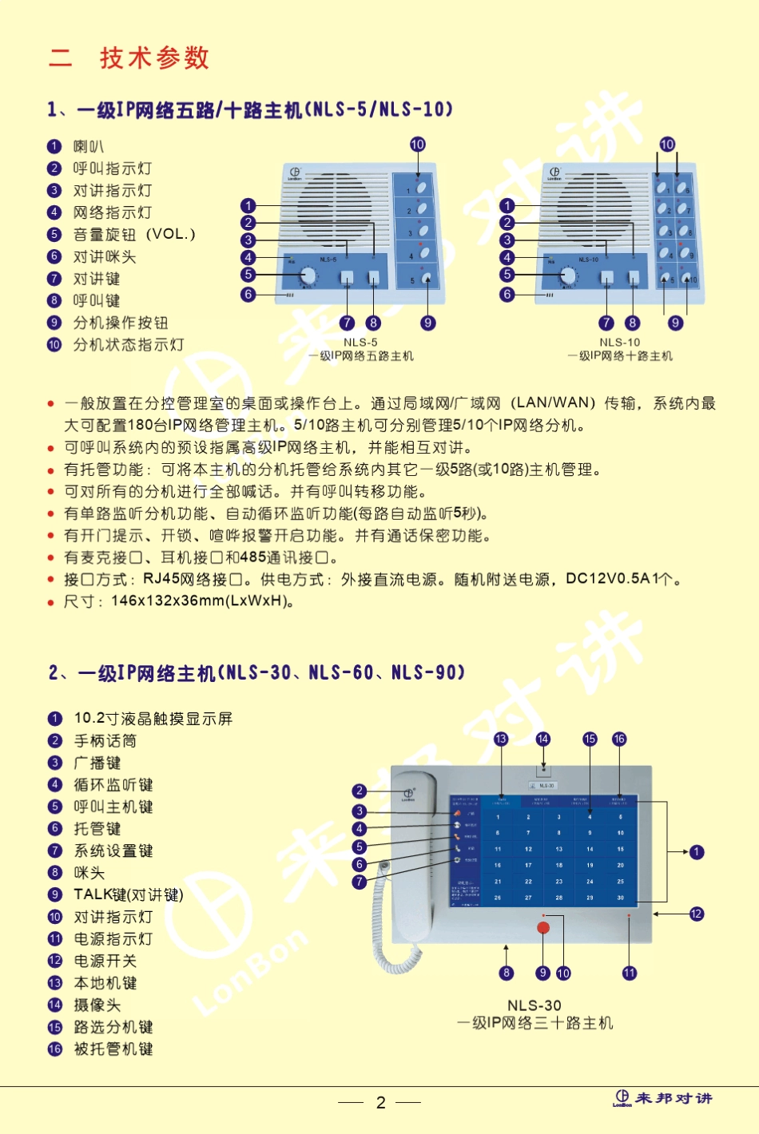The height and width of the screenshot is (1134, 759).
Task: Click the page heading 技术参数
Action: point(153,57)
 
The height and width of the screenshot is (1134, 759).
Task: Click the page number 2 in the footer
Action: point(381,1103)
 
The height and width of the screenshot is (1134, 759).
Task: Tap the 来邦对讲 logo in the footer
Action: point(663,1099)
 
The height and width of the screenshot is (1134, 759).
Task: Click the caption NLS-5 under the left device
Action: point(360,342)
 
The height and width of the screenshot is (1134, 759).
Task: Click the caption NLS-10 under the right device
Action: point(620,342)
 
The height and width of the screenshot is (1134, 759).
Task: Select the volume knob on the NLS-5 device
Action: point(308,276)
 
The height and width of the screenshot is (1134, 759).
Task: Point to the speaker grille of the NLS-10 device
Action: point(593,209)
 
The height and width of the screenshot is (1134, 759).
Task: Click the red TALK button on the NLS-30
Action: point(543,927)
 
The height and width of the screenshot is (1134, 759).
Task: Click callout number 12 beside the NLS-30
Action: point(697,914)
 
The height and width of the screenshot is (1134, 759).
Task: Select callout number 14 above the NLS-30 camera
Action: point(543,739)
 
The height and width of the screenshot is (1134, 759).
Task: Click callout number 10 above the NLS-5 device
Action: point(418,145)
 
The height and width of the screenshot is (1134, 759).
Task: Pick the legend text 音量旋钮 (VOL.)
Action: point(133,235)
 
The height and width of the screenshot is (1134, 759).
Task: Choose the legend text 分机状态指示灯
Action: point(128,345)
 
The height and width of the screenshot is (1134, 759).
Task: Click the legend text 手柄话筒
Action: point(105,741)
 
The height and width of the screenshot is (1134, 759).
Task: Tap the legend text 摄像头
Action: point(97,1005)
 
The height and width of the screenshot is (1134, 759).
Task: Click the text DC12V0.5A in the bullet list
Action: point(607,579)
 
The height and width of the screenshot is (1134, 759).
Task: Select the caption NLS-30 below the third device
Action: point(534,1005)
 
